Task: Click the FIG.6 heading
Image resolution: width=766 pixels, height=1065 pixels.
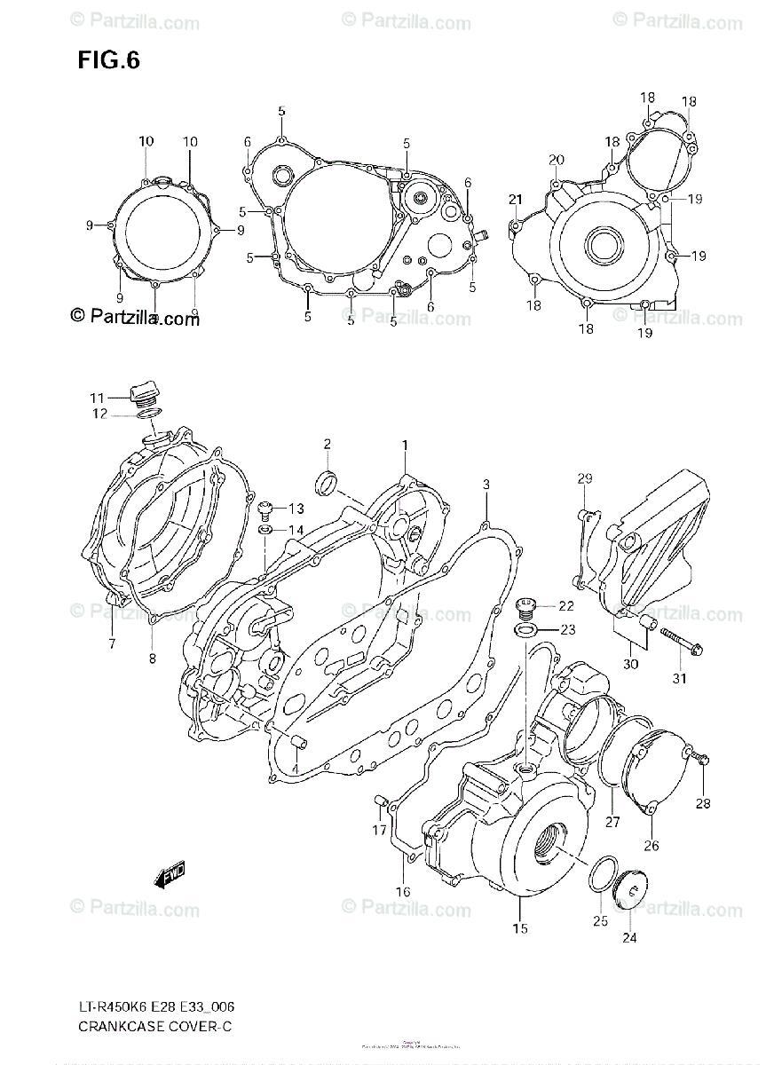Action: click(108, 61)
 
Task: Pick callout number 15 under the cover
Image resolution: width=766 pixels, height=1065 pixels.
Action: click(519, 928)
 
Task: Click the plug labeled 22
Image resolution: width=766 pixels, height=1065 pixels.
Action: click(525, 608)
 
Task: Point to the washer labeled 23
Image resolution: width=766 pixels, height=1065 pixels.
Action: click(525, 630)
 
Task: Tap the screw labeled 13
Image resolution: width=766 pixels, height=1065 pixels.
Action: click(264, 509)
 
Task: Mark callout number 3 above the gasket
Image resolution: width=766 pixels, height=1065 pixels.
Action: click(486, 484)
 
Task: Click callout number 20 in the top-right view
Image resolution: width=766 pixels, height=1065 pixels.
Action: click(556, 161)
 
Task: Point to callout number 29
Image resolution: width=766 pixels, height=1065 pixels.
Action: click(585, 479)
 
